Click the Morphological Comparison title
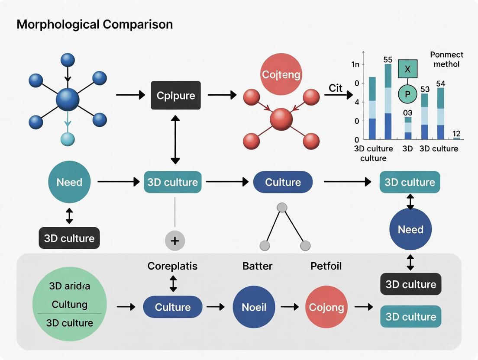pos(94,24)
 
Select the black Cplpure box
pos(175,95)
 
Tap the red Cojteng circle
pos(281,74)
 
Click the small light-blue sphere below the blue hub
pos(68,139)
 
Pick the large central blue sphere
pos(68,100)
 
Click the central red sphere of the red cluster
pos(281,119)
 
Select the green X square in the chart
pos(407,69)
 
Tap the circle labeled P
pos(407,94)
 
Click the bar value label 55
pos(388,60)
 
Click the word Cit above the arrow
pos(335,88)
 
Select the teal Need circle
pos(69,182)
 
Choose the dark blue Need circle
pos(410,229)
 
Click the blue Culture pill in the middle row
pos(283,182)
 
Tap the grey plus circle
pos(175,241)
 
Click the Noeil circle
pos(254,308)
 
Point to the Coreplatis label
pos(172,266)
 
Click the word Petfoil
pos(326,266)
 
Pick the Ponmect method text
pos(446,59)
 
